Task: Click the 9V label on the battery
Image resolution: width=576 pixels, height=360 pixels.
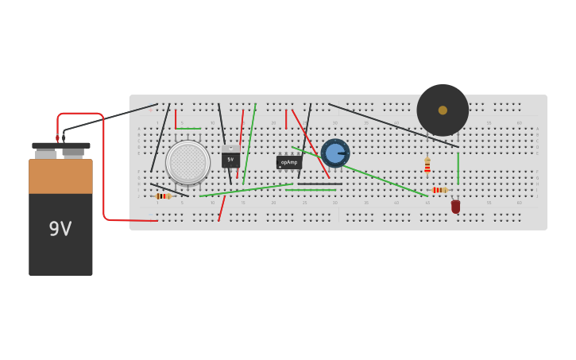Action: [60, 229]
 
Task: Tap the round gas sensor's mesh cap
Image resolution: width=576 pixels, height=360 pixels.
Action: [187, 162]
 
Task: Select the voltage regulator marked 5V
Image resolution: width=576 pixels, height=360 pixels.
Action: [230, 159]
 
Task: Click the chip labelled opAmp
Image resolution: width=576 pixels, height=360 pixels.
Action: [288, 162]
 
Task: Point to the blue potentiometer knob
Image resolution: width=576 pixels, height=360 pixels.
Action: [334, 153]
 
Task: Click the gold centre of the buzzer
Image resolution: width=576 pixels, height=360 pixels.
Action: [443, 110]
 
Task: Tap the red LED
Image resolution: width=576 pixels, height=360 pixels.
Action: [455, 207]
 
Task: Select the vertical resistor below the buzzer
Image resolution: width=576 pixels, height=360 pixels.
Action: [427, 166]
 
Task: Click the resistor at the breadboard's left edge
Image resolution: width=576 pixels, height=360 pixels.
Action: [163, 196]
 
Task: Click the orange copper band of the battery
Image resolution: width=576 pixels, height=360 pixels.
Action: [60, 176]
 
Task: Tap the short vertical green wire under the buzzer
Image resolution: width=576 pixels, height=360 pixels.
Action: [458, 168]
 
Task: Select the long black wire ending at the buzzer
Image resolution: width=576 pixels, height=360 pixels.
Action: [393, 125]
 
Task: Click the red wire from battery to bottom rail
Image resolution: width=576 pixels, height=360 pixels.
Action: [104, 183]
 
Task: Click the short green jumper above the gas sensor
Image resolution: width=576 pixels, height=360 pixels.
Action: [188, 129]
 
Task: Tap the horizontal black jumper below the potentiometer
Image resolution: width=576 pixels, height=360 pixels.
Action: [319, 184]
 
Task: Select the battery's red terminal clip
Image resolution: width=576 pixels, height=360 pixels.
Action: [57, 138]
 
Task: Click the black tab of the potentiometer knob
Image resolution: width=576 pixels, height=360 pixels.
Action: [342, 153]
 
